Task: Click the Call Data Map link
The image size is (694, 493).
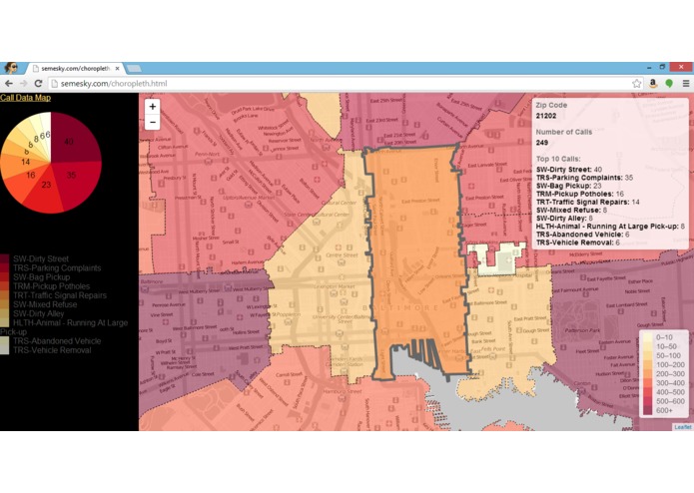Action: [x=25, y=98]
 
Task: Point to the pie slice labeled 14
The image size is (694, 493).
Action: [x=24, y=160]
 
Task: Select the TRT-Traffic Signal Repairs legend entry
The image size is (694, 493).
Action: [x=62, y=295]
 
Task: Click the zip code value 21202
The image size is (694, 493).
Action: [x=545, y=117]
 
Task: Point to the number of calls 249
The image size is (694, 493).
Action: [x=542, y=143]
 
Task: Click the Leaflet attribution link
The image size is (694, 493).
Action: [x=682, y=427]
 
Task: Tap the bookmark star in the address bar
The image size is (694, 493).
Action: [x=636, y=84]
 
